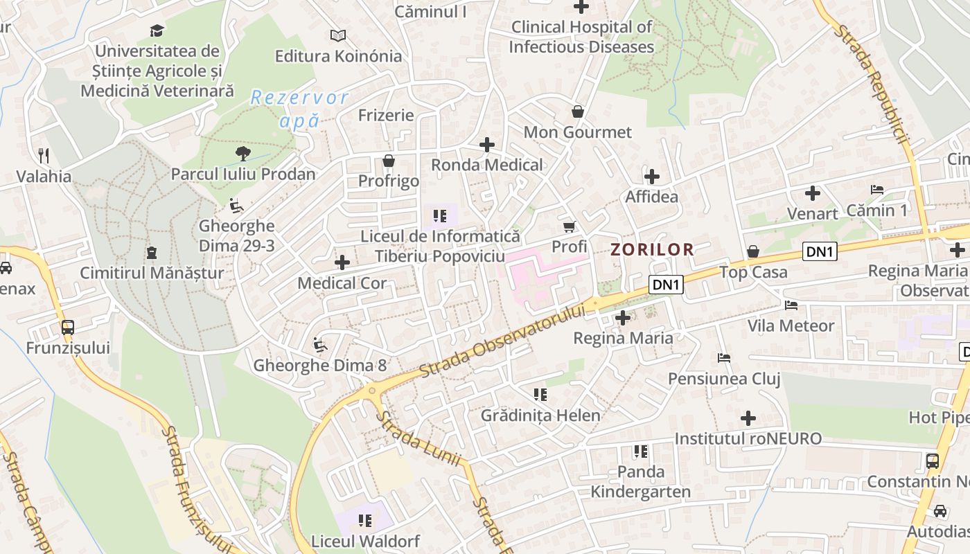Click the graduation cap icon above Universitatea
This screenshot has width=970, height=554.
[157, 30]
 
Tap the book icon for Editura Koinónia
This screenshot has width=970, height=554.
[337, 35]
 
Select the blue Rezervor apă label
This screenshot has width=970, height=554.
[299, 109]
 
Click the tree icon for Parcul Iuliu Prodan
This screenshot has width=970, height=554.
[242, 153]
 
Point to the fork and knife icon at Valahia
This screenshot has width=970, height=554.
[44, 155]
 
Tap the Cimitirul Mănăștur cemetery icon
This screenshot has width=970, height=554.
[152, 252]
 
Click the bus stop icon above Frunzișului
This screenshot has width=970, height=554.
[68, 327]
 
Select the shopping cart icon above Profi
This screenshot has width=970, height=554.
[570, 226]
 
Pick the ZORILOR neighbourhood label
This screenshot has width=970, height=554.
[652, 249]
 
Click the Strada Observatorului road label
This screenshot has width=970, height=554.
[502, 341]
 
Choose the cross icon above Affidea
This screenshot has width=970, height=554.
[652, 176]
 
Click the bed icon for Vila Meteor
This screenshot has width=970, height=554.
[791, 305]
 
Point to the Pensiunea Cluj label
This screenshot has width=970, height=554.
[724, 379]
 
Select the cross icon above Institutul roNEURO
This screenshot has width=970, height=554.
[748, 418]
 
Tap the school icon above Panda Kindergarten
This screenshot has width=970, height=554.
[641, 452]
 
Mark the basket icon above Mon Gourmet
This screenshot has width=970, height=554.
[578, 111]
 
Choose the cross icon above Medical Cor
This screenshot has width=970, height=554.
[342, 262]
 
